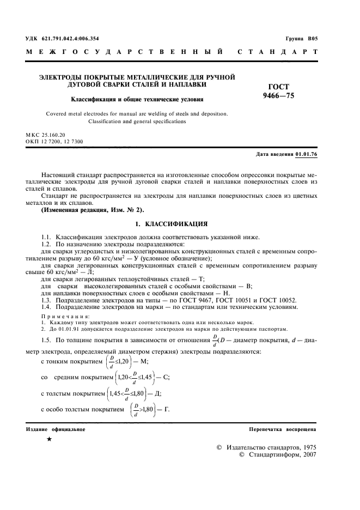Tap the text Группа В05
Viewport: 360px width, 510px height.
(301, 39)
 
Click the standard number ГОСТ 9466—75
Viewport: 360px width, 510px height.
(279, 91)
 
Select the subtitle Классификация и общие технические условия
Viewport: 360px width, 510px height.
(137, 100)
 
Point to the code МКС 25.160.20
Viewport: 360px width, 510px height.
(45, 134)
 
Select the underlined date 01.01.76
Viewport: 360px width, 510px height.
(306, 155)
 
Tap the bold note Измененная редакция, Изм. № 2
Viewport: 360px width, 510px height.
(90, 210)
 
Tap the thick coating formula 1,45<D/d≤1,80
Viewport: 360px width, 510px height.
(131, 393)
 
